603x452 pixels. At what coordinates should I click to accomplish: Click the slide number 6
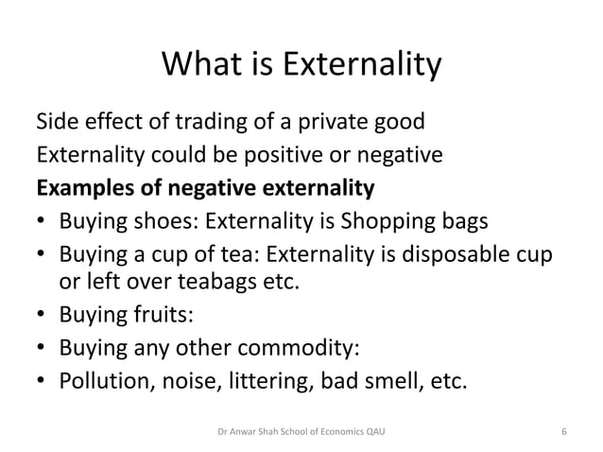pos(563,432)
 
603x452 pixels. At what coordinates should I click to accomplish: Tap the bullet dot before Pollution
pos(42,381)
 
